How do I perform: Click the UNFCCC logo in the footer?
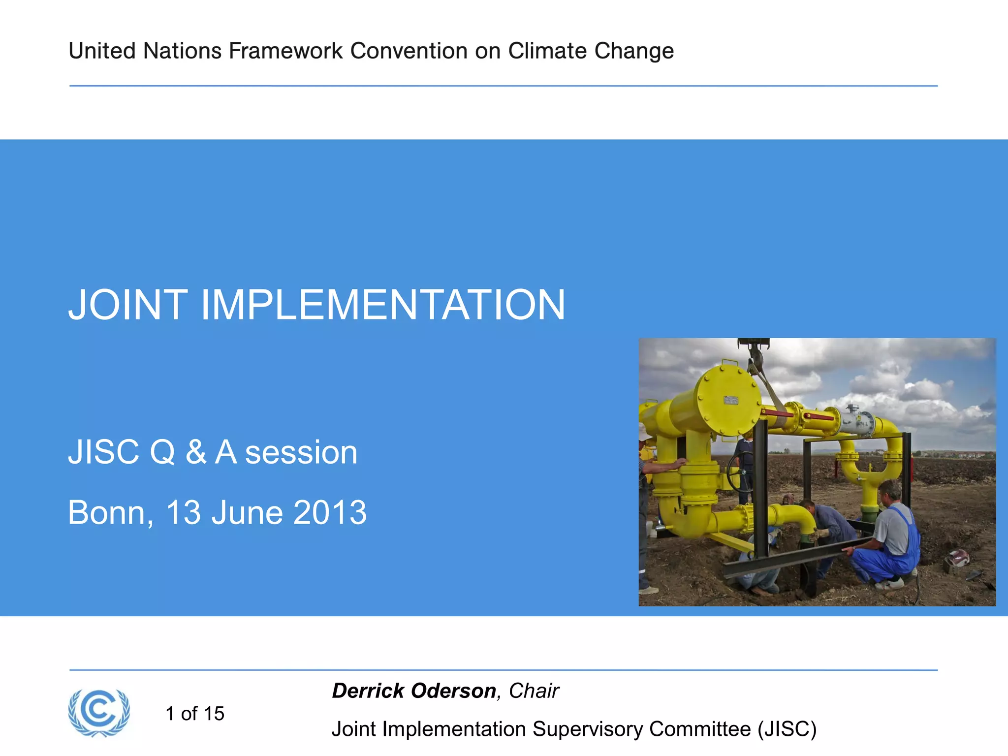(99, 713)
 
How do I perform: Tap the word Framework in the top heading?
(285, 51)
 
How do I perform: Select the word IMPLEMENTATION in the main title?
(383, 305)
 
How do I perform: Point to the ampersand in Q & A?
(196, 452)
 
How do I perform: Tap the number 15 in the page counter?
(214, 714)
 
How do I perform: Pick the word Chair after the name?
(534, 691)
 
